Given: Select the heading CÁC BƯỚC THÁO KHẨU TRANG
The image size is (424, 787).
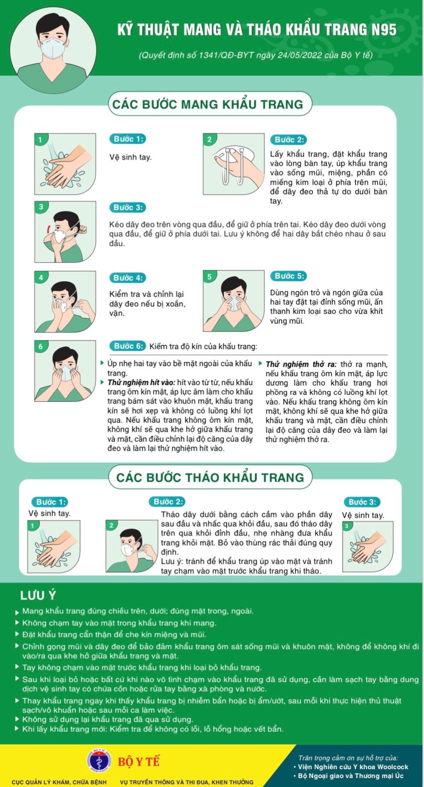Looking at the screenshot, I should point(211,477).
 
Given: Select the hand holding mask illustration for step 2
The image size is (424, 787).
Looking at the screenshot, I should point(234,164).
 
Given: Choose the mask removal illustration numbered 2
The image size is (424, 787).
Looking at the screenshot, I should point(132,546).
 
